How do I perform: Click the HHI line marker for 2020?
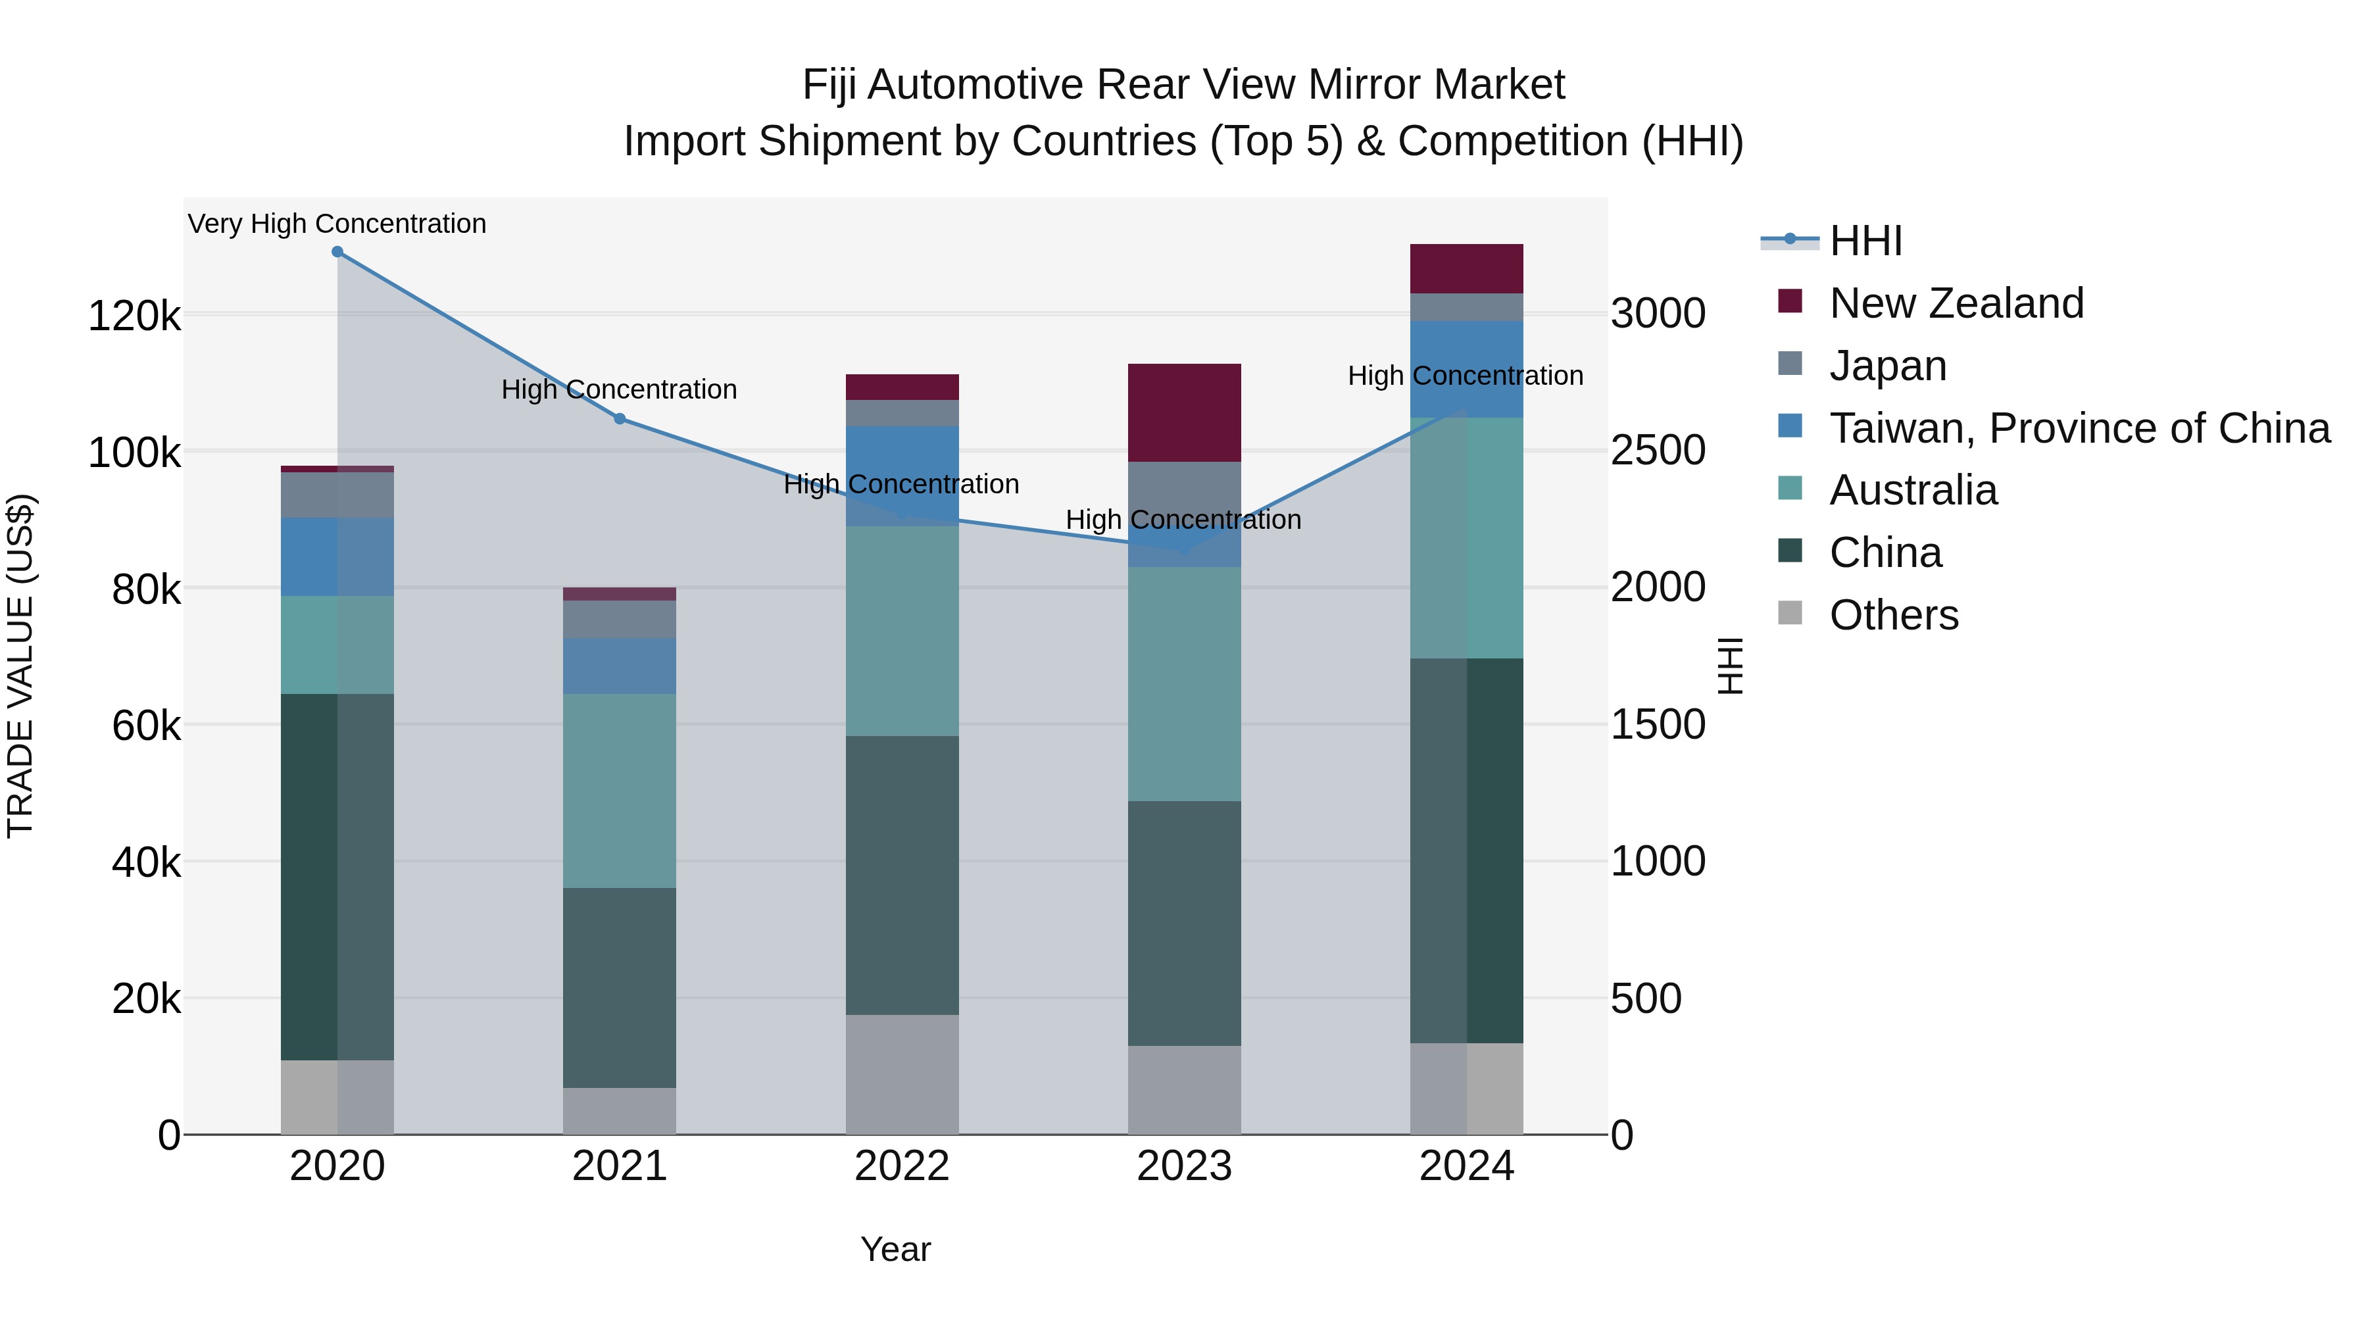coord(337,252)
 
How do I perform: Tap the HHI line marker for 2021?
coord(620,419)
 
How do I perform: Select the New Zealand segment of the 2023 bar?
coord(1184,412)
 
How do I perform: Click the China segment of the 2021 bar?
coord(620,988)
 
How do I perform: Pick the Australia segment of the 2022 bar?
coord(902,631)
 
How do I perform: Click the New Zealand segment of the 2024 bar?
coord(1466,268)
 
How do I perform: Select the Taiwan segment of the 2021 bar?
coord(620,666)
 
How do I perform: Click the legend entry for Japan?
coord(1887,366)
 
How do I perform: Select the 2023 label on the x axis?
coord(1184,1166)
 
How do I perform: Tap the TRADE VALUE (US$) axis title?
coord(20,666)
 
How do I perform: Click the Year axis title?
coord(895,1249)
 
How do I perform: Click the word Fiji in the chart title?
coord(830,86)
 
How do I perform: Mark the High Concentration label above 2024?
coord(1466,376)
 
